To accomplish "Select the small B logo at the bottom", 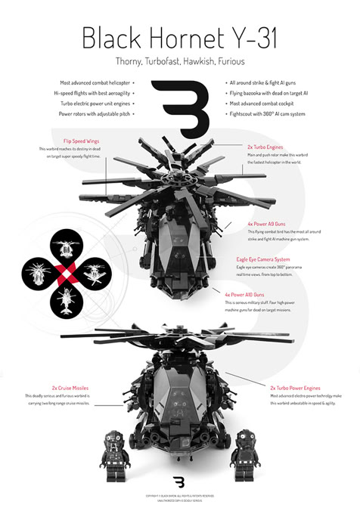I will (x=179, y=481).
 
